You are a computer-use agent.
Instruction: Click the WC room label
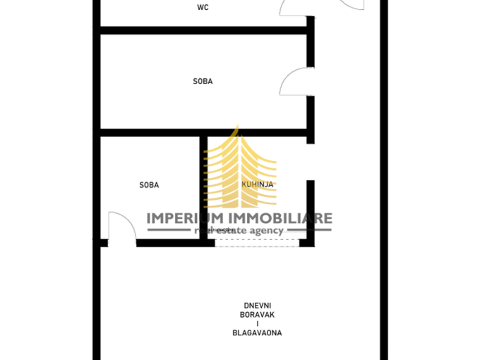pos(203,7)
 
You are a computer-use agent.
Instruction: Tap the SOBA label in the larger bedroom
pos(203,81)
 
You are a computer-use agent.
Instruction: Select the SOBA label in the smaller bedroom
pos(149,185)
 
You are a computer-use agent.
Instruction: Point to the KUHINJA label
pos(257,184)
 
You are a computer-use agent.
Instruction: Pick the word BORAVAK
pos(257,315)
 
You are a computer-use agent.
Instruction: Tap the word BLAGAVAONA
pos(257,332)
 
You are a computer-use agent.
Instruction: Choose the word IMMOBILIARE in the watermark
pos(281,218)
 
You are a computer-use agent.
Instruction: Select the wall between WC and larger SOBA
pos(203,30)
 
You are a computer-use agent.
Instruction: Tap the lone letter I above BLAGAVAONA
pos(258,324)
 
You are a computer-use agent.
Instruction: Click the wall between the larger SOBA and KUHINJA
pos(257,133)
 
